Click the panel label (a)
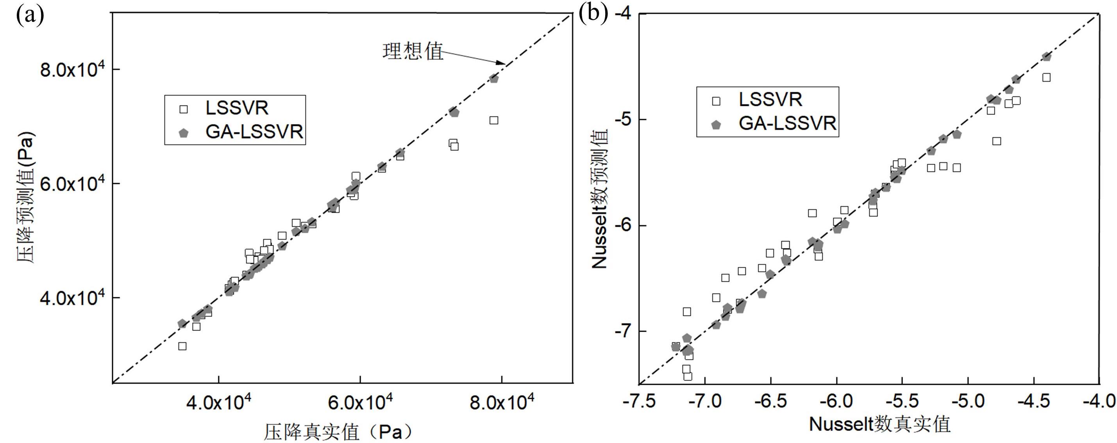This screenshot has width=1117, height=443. click(x=29, y=16)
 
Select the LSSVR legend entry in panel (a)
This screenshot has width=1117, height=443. click(x=236, y=108)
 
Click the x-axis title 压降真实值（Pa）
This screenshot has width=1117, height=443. click(x=339, y=432)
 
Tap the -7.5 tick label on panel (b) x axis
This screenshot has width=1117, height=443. click(x=639, y=401)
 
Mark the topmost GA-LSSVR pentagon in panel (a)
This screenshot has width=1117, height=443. click(x=494, y=79)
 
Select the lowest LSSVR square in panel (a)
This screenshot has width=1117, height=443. click(x=182, y=346)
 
